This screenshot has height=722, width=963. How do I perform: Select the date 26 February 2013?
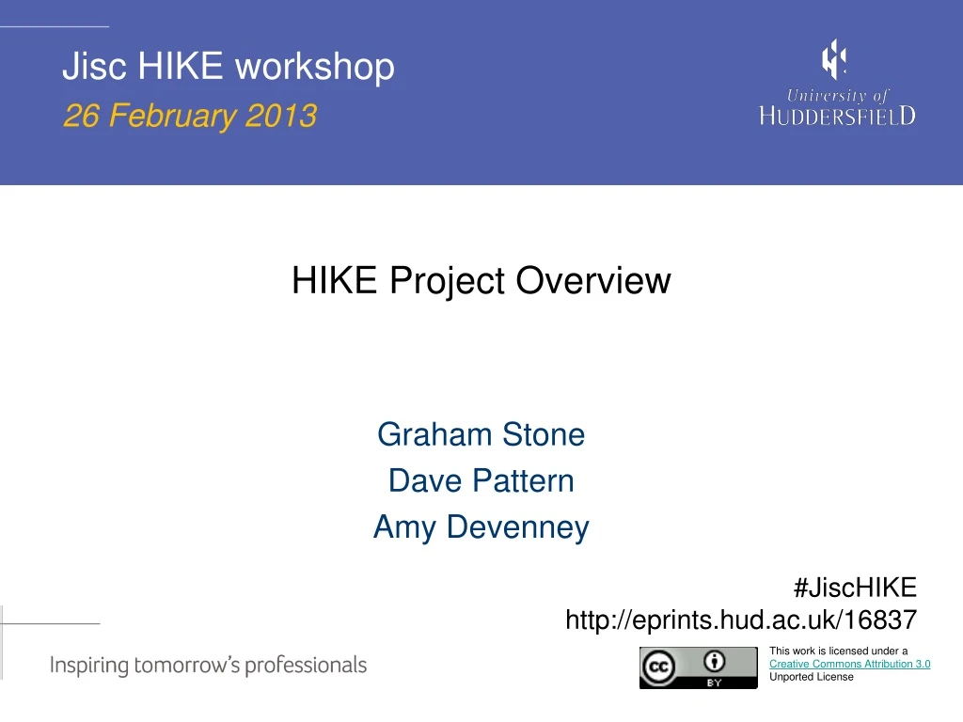189,117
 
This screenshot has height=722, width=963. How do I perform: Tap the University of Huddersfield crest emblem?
833,59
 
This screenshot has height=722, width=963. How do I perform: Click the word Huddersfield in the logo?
837,115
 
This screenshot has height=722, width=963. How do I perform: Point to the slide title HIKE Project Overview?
481,280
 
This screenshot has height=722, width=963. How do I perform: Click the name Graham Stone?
481,434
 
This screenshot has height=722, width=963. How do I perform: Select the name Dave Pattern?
481,480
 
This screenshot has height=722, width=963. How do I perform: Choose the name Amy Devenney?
481,526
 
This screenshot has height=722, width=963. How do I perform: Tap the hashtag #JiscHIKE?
854,588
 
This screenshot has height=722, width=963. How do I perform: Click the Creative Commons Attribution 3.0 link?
849,664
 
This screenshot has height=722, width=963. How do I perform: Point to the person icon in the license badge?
715,660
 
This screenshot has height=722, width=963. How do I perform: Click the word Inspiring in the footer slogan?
88,666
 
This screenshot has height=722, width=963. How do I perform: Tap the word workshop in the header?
314,67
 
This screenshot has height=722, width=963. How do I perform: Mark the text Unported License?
811,677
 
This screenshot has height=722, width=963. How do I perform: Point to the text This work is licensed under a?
838,651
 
